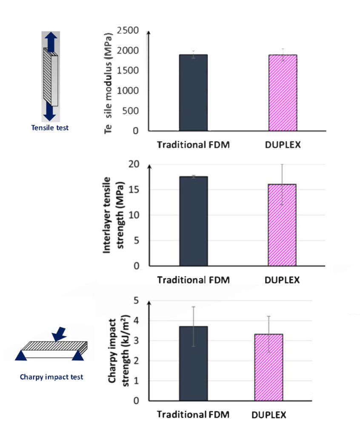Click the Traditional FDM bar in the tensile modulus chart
193,92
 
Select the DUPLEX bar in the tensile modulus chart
283,92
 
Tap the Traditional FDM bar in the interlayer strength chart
193,221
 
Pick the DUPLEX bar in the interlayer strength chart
282,225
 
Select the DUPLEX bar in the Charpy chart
268,367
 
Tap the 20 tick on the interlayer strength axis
134,164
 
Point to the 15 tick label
134,190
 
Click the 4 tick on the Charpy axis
137,321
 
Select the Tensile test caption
50,127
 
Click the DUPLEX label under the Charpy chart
269,415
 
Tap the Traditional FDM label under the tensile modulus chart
193,144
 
